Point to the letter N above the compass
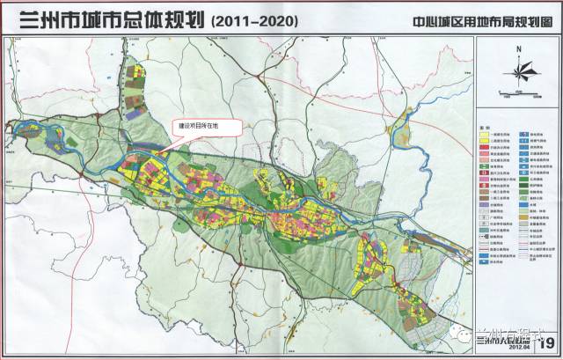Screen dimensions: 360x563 pos(519,51)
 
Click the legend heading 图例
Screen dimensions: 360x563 pos(484,126)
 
